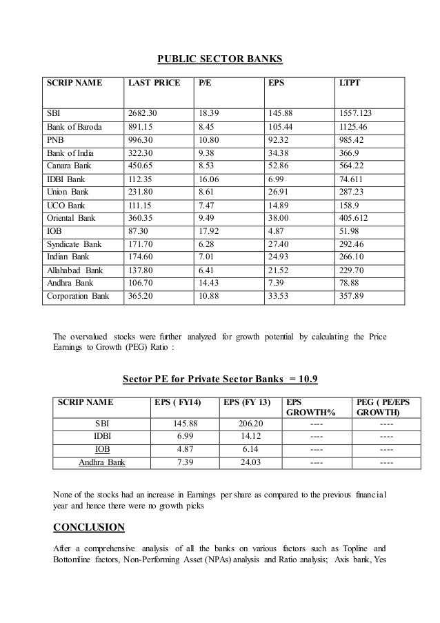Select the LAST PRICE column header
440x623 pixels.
[x=154, y=83]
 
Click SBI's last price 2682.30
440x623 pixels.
[x=144, y=113]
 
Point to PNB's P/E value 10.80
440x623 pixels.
[x=209, y=140]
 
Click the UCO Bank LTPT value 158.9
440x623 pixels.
[x=350, y=206]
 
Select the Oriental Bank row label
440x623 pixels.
[x=71, y=219]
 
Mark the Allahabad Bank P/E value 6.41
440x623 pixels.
[x=206, y=271]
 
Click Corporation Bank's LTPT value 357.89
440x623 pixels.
[x=352, y=297]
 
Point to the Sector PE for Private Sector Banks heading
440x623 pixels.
[x=219, y=379]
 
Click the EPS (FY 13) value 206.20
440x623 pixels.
[x=246, y=423]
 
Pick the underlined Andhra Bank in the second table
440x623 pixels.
[x=102, y=462]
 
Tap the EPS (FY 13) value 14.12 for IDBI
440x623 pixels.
[x=246, y=436]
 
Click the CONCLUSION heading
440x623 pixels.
[x=89, y=528]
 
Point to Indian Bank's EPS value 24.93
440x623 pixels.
[x=278, y=258]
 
